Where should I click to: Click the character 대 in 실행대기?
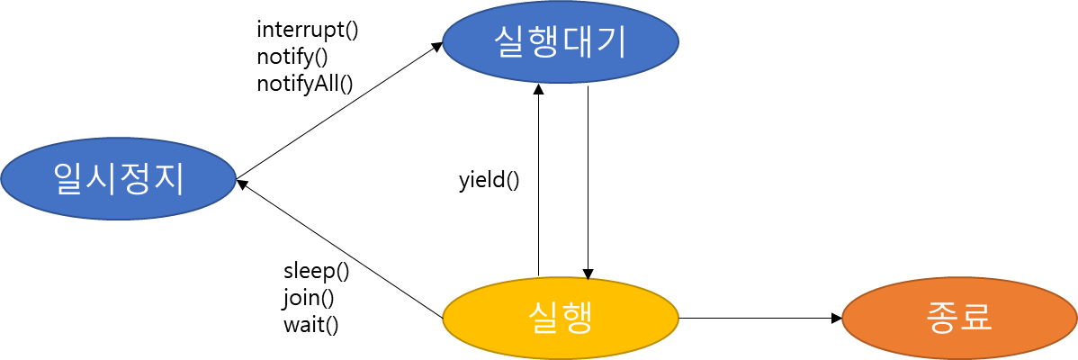577,41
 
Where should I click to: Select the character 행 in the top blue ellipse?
543,41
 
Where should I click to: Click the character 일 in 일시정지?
69,178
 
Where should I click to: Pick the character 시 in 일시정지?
102,178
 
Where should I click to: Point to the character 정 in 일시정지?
135,178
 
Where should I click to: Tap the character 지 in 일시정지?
167,178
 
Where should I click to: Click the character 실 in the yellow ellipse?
543,318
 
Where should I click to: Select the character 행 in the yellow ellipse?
577,318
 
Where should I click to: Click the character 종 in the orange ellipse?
943,318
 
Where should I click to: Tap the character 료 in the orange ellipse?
976,318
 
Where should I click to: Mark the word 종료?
959,318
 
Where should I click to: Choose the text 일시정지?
118,178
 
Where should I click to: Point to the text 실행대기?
560,41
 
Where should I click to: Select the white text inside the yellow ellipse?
560,318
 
